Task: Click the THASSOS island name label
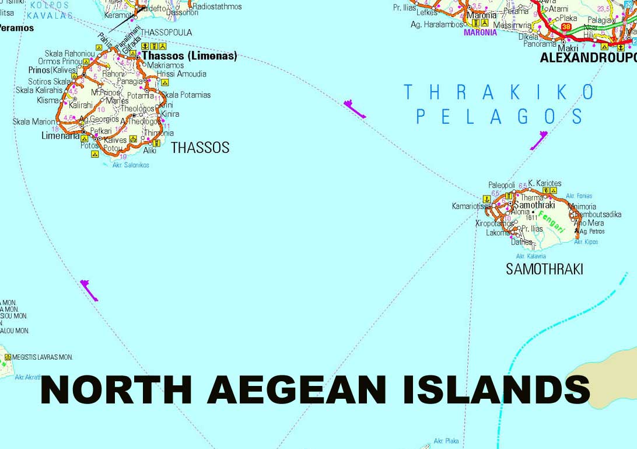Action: (x=200, y=148)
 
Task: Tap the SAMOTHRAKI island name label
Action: (x=544, y=269)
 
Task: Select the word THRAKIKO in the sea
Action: (x=499, y=92)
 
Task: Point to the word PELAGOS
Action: (x=499, y=117)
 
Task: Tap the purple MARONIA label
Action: (x=480, y=33)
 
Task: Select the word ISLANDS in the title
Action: (x=496, y=389)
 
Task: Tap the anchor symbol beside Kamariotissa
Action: (x=487, y=200)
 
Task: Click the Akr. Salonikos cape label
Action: (x=131, y=165)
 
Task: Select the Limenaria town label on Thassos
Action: (x=61, y=135)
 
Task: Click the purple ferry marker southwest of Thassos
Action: (x=89, y=290)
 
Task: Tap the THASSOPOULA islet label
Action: (x=166, y=32)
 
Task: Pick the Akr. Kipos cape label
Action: (x=586, y=242)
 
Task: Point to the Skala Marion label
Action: (x=34, y=122)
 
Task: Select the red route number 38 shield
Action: (x=566, y=27)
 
